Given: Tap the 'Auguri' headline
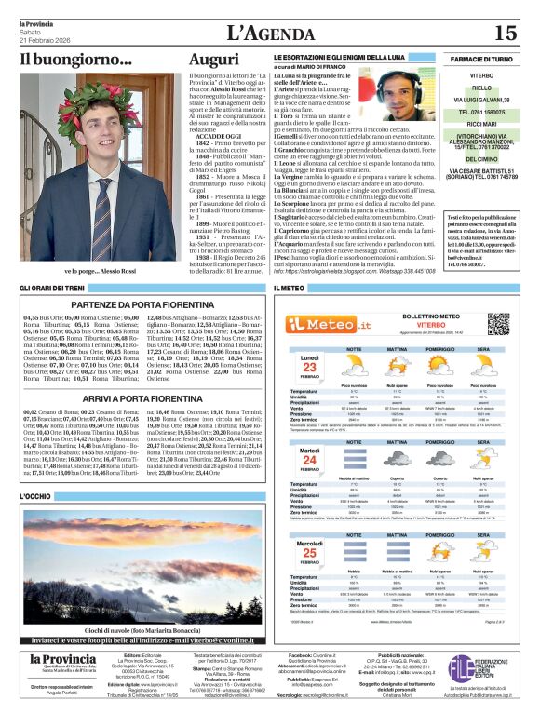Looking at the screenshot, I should pyautogui.click(x=214, y=60).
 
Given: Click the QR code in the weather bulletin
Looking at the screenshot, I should pyautogui.click(x=499, y=324).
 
